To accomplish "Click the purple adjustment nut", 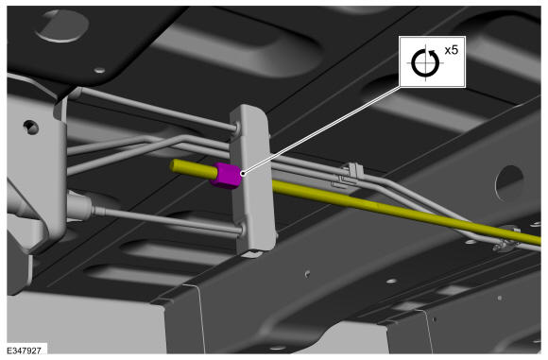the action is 226,176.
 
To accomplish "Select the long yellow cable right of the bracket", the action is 406,211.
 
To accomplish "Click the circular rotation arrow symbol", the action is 425,63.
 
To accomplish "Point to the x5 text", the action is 452,50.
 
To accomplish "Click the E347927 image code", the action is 25,350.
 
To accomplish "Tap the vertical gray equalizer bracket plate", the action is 252,179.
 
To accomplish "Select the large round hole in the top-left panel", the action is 62,26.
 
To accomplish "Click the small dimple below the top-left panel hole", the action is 99,70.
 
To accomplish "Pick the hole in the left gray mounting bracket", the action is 31,128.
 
